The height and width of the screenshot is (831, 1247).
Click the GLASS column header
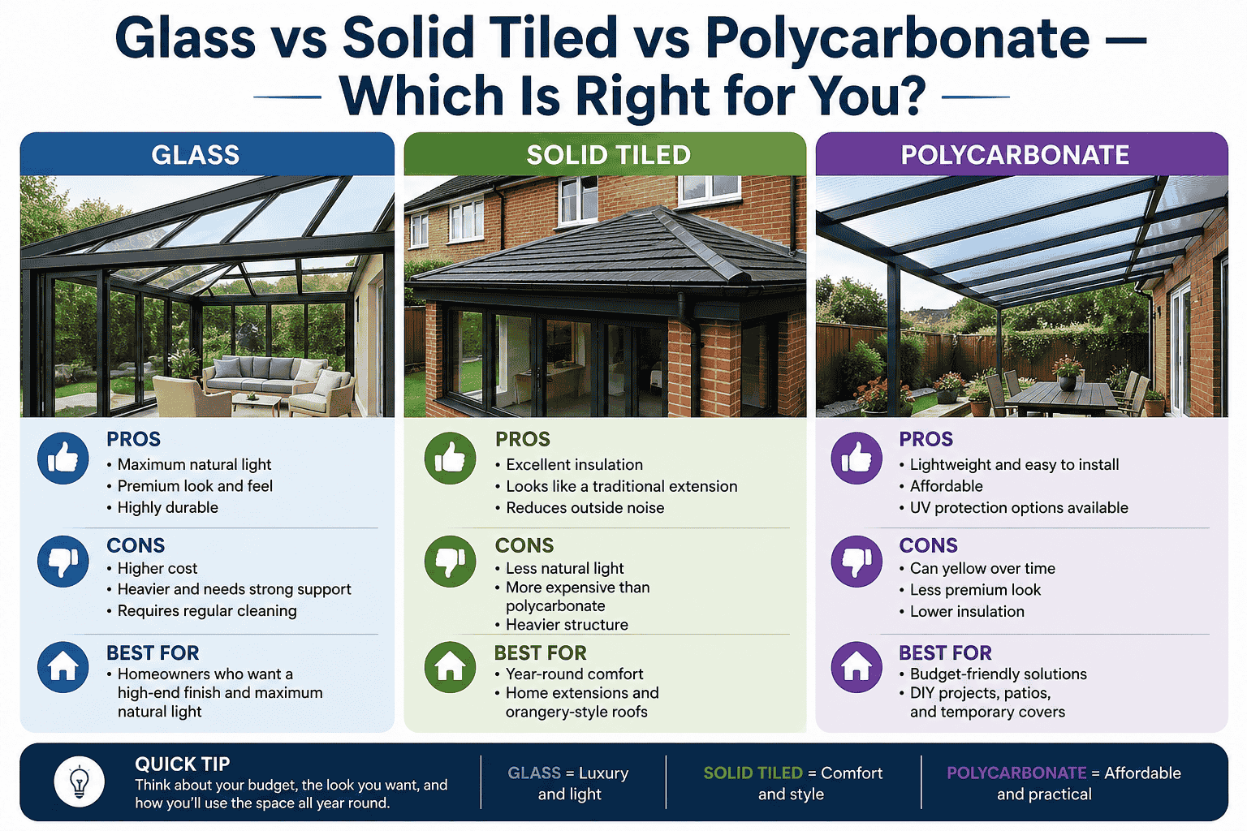(196, 154)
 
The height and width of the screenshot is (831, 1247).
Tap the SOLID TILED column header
(608, 154)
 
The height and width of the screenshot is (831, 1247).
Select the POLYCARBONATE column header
(1015, 154)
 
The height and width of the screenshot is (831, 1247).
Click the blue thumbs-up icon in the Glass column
(63, 459)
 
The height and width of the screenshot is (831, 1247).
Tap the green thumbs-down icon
(450, 561)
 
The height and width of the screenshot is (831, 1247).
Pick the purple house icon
(857, 667)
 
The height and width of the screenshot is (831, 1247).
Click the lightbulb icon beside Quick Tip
(79, 781)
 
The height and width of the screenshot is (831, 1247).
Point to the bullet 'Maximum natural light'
(194, 464)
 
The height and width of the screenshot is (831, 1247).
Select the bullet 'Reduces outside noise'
(585, 508)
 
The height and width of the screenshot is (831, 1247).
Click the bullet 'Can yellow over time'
(982, 568)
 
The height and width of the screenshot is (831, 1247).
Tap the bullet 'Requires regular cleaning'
(207, 610)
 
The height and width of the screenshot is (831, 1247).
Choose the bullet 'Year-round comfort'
(574, 674)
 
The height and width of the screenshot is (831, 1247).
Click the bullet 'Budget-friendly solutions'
(998, 674)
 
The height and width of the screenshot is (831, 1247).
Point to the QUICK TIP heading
(183, 764)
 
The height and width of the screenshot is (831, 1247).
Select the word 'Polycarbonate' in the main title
(897, 38)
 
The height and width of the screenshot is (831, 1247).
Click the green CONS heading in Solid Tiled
(524, 545)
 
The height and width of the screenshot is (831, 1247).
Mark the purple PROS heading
(926, 439)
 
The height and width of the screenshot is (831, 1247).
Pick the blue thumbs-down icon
(63, 561)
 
